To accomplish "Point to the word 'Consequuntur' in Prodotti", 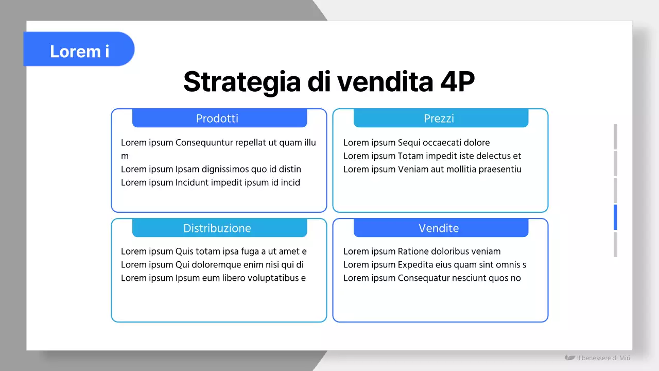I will [x=204, y=143].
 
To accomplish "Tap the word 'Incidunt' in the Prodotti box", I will [x=193, y=183].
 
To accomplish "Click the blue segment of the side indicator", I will [x=615, y=217].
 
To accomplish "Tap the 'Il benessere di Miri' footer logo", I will [x=598, y=358].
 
